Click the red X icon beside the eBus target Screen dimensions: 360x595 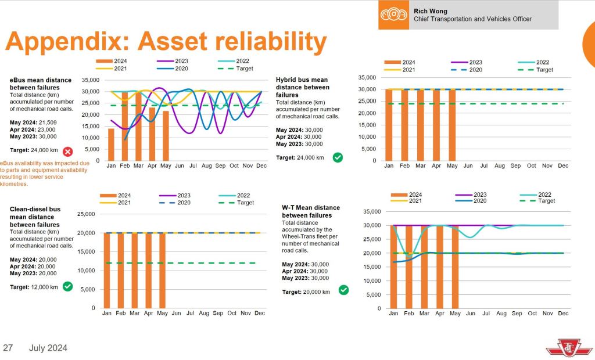pyautogui.click(x=68, y=152)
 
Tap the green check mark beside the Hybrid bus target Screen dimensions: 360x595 pyautogui.click(x=338, y=157)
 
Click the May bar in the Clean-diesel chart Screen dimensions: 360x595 pyautogui.click(x=163, y=270)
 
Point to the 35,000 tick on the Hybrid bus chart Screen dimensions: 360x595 pyautogui.click(x=367, y=77)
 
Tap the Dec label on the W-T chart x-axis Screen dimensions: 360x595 pyautogui.click(x=563, y=314)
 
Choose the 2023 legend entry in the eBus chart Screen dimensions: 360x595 pyautogui.click(x=177, y=61)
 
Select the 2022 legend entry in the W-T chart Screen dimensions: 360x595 pyautogui.click(x=539, y=195)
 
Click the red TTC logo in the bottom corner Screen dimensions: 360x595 pyautogui.click(x=561, y=348)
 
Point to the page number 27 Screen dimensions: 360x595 pyautogui.click(x=8, y=348)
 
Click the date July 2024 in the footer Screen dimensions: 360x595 pyautogui.click(x=48, y=348)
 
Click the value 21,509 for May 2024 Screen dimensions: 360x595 pyautogui.click(x=45, y=122)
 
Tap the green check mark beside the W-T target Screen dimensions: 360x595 pyautogui.click(x=343, y=290)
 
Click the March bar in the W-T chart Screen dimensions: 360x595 pyautogui.click(x=424, y=267)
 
